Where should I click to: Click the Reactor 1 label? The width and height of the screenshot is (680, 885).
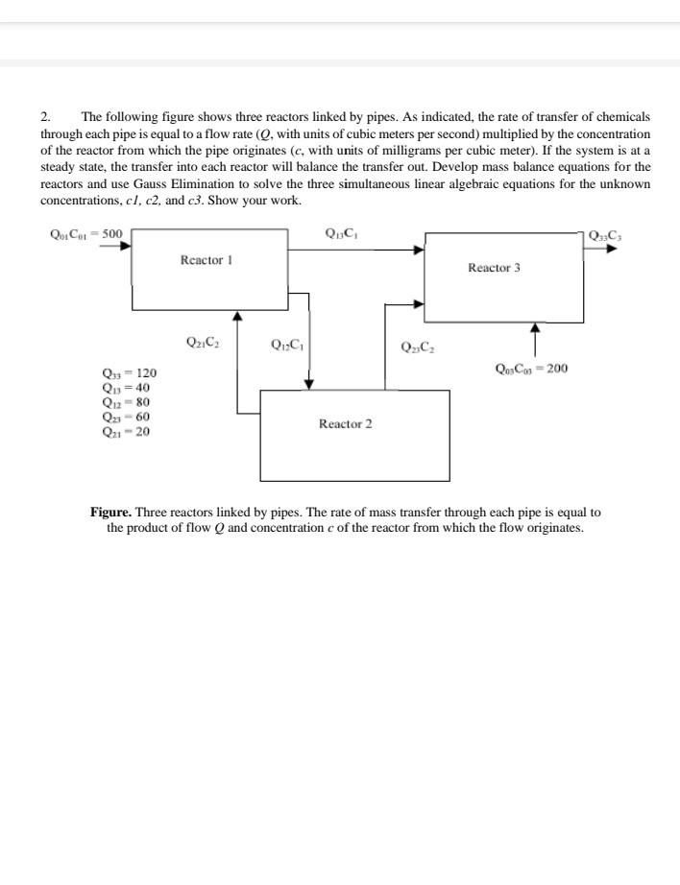206,260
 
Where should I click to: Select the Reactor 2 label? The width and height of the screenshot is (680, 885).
345,423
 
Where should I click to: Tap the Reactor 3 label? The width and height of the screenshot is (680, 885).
494,268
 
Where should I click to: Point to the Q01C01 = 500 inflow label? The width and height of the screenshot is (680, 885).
85,231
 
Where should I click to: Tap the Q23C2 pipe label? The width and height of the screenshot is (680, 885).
417,347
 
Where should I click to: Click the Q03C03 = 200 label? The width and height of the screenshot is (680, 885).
531,368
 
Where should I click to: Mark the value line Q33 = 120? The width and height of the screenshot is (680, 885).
129,373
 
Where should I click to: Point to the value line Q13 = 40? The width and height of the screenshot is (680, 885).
125,388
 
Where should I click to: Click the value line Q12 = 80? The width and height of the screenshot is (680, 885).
125,402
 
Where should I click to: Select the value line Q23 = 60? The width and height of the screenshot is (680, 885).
125,417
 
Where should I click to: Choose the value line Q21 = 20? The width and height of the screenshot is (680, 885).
125,431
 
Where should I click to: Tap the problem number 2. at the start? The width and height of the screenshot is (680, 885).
46,116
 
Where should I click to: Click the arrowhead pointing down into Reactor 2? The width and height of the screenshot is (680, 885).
309,385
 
